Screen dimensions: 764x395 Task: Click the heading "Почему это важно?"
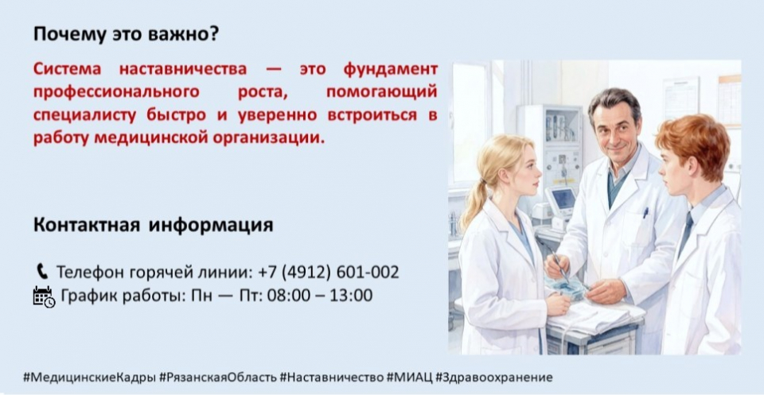pyautogui.click(x=127, y=35)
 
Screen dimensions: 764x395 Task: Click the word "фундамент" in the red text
pyautogui.click(x=390, y=70)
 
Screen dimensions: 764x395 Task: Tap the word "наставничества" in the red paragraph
pyautogui.click(x=183, y=69)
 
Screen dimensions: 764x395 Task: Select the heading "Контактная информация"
pyautogui.click(x=154, y=225)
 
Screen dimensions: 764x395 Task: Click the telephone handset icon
pyautogui.click(x=42, y=271)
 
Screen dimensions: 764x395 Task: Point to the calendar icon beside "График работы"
pyautogui.click(x=44, y=296)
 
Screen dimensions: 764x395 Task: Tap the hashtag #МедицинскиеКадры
pyautogui.click(x=90, y=378)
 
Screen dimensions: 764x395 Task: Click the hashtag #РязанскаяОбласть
pyautogui.click(x=219, y=378)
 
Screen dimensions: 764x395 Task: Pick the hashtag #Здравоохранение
pyautogui.click(x=494, y=378)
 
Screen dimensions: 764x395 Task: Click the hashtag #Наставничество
pyautogui.click(x=332, y=378)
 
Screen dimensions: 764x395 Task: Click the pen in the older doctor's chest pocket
pyautogui.click(x=645, y=212)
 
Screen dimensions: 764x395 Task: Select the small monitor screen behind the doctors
pyautogui.click(x=563, y=199)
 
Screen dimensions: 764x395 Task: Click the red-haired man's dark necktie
pyautogui.click(x=685, y=234)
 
